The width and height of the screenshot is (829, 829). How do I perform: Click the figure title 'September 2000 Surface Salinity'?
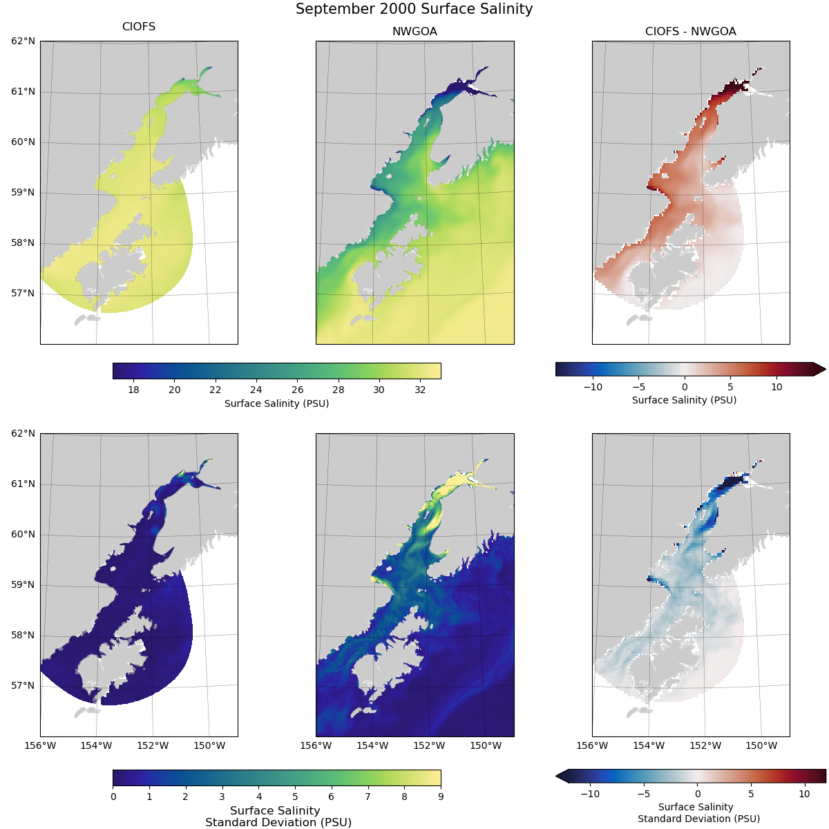(x=414, y=9)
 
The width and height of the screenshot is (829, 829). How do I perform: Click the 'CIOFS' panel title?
(x=139, y=27)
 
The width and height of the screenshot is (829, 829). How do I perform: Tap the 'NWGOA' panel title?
(x=414, y=31)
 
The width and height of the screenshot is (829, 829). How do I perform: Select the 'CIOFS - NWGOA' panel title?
(x=690, y=31)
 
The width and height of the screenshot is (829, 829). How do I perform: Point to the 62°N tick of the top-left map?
(x=23, y=41)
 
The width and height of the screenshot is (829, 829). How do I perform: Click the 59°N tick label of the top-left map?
(x=23, y=193)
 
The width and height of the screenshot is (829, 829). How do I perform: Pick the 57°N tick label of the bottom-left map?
(x=23, y=686)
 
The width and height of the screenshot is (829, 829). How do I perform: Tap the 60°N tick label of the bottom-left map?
(x=23, y=535)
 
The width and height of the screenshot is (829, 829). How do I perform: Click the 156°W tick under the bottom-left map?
(x=40, y=745)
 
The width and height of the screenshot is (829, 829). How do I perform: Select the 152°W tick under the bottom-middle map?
(x=429, y=745)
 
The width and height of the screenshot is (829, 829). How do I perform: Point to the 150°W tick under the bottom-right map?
(x=762, y=745)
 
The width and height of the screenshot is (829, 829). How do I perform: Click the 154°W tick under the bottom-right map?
(x=649, y=745)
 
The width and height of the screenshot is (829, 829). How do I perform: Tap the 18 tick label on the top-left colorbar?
(x=134, y=390)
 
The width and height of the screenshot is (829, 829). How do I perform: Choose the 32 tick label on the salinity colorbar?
(x=420, y=390)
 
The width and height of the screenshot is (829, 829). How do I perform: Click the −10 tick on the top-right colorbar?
(x=593, y=387)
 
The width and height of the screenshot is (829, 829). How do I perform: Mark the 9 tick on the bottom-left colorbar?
(x=441, y=797)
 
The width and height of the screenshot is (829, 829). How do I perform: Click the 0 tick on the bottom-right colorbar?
(x=698, y=794)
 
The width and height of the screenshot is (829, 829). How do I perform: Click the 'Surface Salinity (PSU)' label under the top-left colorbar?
(x=276, y=403)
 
